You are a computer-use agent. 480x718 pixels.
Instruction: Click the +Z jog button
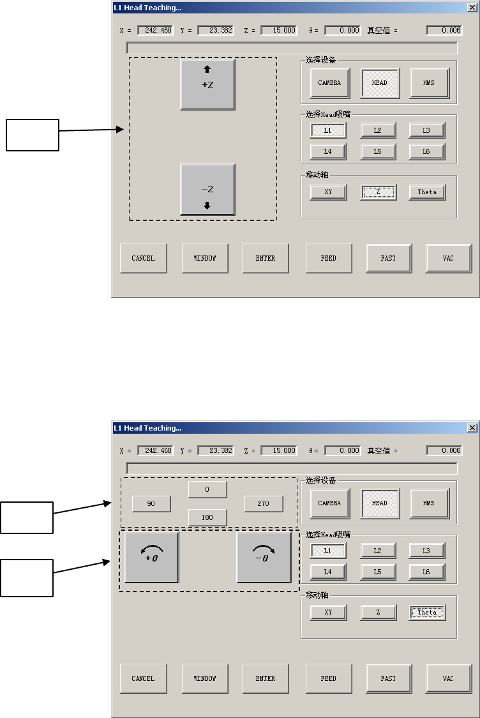[x=207, y=84]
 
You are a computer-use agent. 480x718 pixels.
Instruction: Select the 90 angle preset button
[x=151, y=504]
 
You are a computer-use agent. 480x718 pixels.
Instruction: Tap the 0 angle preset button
[x=207, y=489]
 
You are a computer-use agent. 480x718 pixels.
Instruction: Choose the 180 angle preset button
[x=207, y=517]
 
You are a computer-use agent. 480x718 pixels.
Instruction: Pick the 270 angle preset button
[x=263, y=504]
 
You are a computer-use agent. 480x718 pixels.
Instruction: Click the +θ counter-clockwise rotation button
[x=151, y=558]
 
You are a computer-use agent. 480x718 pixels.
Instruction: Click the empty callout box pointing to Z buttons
[x=33, y=135]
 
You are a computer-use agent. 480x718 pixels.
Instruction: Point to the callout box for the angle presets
[x=26, y=517]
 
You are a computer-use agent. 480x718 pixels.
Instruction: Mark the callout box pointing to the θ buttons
[x=26, y=577]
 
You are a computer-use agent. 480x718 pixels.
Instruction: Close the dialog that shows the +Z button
[x=472, y=8]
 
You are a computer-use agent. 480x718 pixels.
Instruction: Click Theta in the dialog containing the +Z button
[x=427, y=192]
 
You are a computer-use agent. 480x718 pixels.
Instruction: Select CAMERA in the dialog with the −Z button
[x=329, y=83]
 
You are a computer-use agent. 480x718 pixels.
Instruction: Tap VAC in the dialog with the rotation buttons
[x=448, y=678]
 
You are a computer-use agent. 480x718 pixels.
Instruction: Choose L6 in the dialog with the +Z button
[x=426, y=151]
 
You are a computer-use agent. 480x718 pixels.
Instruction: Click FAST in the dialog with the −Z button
[x=388, y=258]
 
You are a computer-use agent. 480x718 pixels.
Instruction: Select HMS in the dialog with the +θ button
[x=428, y=503]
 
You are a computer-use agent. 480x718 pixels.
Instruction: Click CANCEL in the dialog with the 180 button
[x=143, y=678]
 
